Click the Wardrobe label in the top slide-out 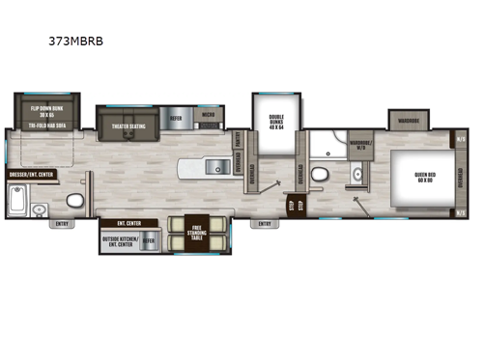click(410, 122)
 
